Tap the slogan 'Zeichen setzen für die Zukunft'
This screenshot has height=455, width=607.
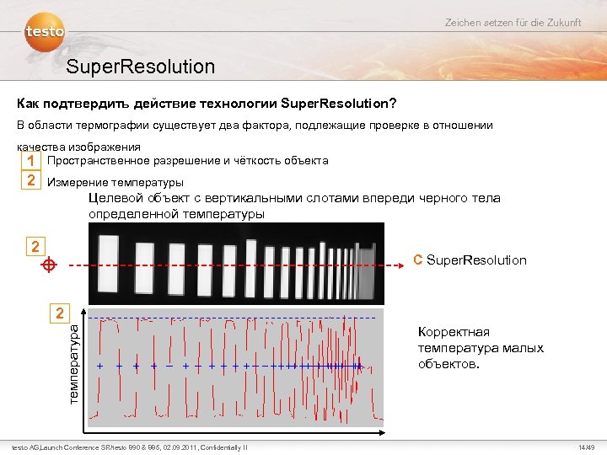513,22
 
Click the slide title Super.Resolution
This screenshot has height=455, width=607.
141,67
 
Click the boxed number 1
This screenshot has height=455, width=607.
30,160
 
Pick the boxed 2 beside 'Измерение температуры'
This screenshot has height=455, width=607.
30,180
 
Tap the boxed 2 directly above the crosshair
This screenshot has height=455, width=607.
35,246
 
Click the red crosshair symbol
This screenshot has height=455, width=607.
49,265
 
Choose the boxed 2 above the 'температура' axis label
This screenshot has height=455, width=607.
58,313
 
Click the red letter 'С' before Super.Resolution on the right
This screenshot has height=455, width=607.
417,260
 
